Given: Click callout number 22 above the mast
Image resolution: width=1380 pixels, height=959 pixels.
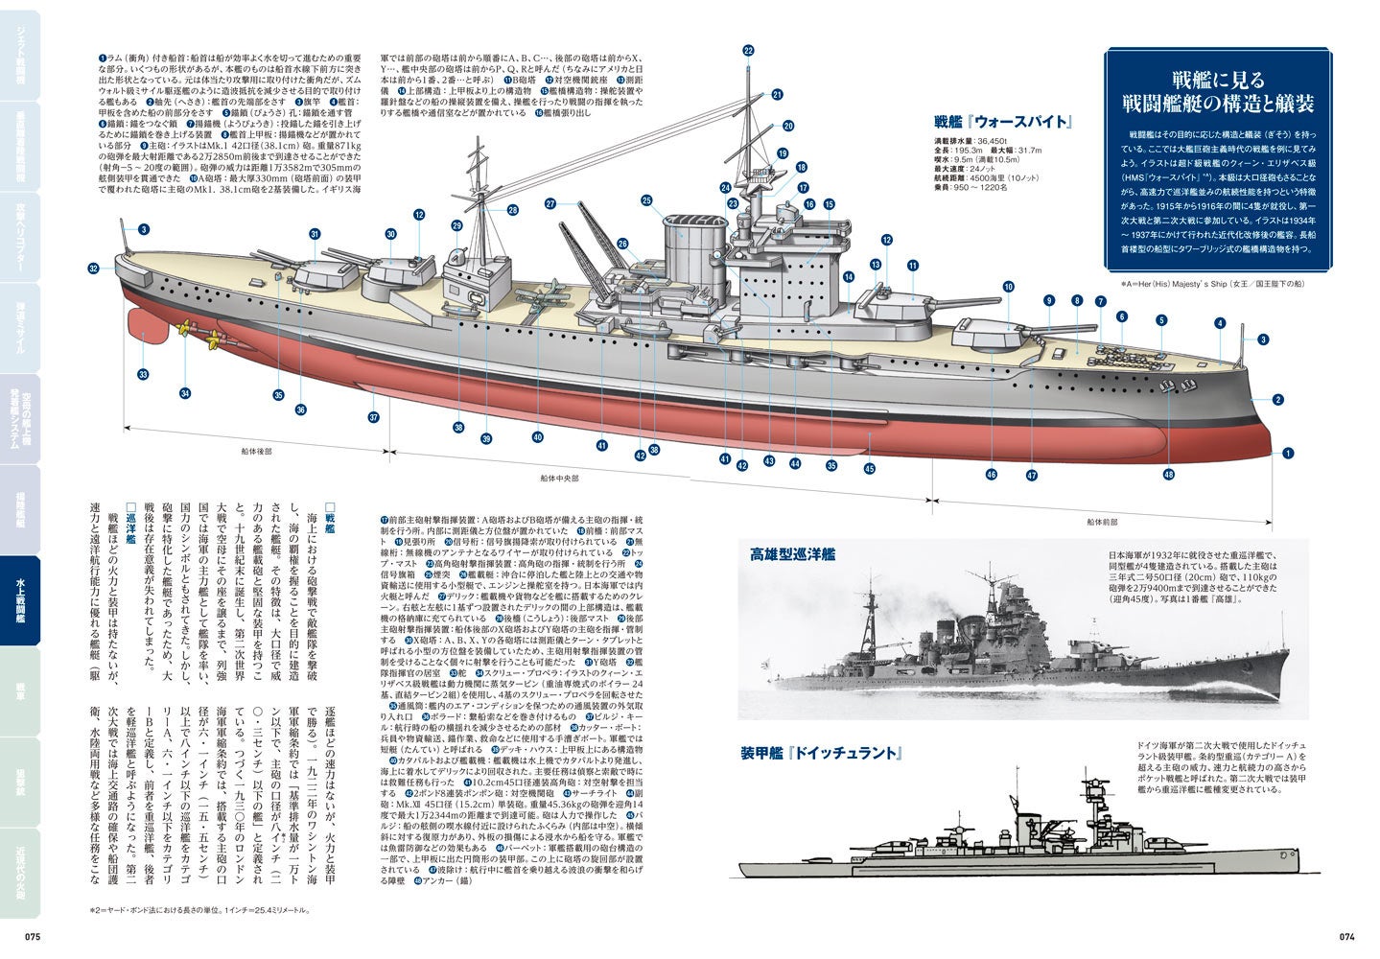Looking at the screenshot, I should tap(748, 51).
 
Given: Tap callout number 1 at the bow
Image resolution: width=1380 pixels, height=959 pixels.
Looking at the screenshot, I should tap(1288, 453).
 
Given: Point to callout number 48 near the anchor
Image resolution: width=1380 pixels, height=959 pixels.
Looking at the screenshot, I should tap(1168, 475).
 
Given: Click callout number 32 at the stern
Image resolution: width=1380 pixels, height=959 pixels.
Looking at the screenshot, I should tap(93, 269).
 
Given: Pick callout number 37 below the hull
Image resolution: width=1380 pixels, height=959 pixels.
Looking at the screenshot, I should tap(375, 417).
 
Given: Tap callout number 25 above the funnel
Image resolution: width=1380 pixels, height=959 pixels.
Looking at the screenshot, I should tap(646, 200).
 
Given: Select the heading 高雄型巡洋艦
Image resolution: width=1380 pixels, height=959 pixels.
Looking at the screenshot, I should tap(793, 554).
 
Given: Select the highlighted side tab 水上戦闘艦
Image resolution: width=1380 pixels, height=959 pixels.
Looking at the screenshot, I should tap(20, 600).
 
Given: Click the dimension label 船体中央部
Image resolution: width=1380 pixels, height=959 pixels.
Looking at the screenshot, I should tap(559, 477).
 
